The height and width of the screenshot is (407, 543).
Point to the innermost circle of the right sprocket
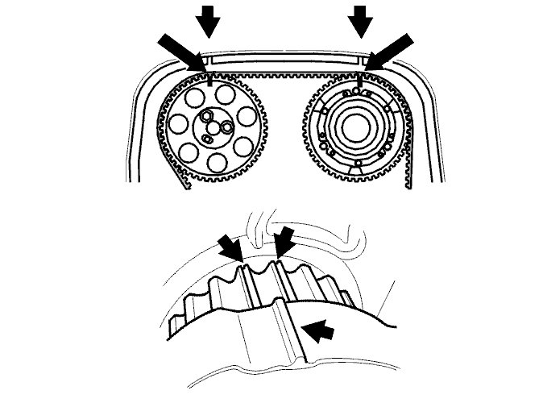click(x=355, y=127)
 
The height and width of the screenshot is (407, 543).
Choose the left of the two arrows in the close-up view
click(x=230, y=247)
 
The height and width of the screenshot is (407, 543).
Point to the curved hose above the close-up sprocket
click(x=259, y=230)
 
